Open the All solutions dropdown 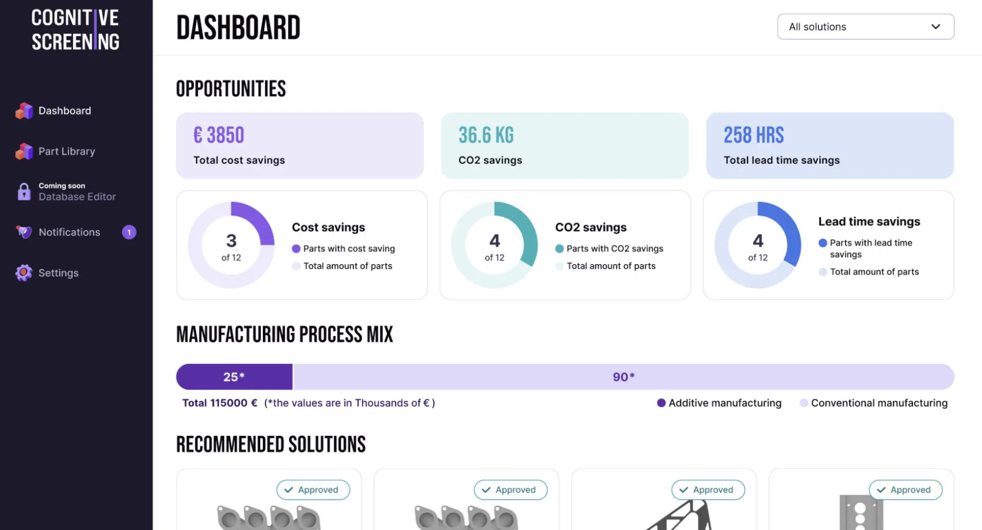pyautogui.click(x=865, y=27)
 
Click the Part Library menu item pyautogui.click(x=66, y=151)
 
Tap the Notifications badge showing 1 pyautogui.click(x=129, y=232)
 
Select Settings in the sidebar pyautogui.click(x=58, y=273)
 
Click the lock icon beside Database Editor pyautogui.click(x=24, y=192)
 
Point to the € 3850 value pyautogui.click(x=219, y=136)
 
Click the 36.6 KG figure pyautogui.click(x=486, y=136)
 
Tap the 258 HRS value pyautogui.click(x=753, y=136)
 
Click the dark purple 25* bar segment pyautogui.click(x=234, y=377)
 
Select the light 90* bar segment pyautogui.click(x=623, y=377)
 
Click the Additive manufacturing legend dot pyautogui.click(x=661, y=403)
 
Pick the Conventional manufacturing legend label pyautogui.click(x=879, y=403)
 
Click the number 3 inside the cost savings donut pyautogui.click(x=231, y=240)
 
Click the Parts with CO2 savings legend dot pyautogui.click(x=560, y=249)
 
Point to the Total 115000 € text pyautogui.click(x=219, y=403)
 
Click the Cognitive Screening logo pyautogui.click(x=76, y=30)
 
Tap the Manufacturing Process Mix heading pyautogui.click(x=284, y=335)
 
